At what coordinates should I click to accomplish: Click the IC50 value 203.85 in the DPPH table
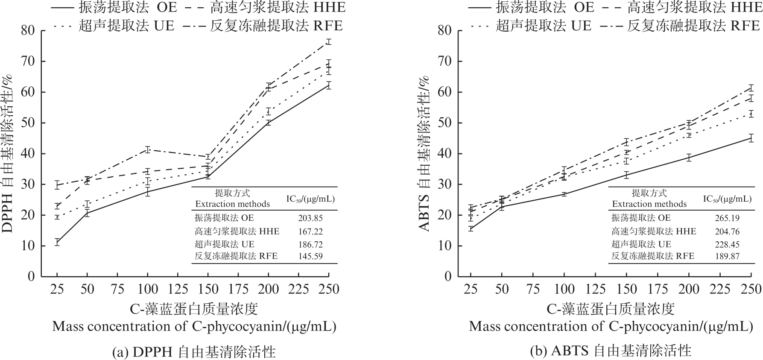(310, 218)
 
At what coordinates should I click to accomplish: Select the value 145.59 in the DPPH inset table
(310, 257)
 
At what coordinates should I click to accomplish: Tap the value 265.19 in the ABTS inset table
(727, 218)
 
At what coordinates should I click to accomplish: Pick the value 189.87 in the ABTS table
(727, 257)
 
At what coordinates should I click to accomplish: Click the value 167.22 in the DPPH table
(310, 231)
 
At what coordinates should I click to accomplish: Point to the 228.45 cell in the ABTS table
(727, 244)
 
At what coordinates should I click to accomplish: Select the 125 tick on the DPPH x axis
(177, 289)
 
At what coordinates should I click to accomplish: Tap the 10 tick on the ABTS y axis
(445, 246)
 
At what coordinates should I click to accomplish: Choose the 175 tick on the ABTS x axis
(657, 289)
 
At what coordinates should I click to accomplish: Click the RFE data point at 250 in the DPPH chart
(328, 41)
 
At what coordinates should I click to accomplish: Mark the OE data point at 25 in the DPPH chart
(57, 242)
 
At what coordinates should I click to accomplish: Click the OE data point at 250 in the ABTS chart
(751, 138)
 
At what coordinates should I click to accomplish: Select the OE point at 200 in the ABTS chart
(689, 157)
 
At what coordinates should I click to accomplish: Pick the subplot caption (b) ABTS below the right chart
(610, 351)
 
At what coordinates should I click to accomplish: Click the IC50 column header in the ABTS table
(727, 199)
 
